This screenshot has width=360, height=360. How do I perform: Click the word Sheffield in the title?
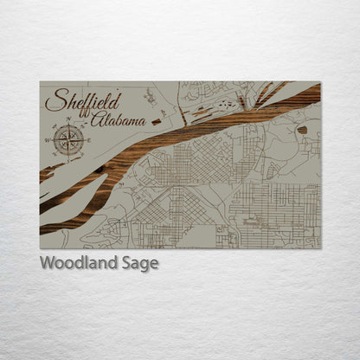click(x=83, y=100)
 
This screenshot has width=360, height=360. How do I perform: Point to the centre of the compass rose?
click(x=68, y=138)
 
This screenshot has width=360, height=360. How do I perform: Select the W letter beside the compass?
click(x=48, y=138)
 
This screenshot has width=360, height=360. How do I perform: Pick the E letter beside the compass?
click(x=88, y=138)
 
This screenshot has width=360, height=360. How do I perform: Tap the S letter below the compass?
click(x=68, y=157)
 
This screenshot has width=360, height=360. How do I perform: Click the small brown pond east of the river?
click(x=302, y=130)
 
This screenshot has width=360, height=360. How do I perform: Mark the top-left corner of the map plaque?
click(x=40, y=82)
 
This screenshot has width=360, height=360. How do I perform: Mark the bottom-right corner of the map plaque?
click(x=320, y=248)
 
